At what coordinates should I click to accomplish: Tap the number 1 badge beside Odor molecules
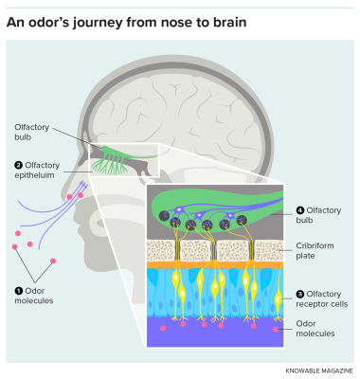pyautogui.click(x=17, y=290)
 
